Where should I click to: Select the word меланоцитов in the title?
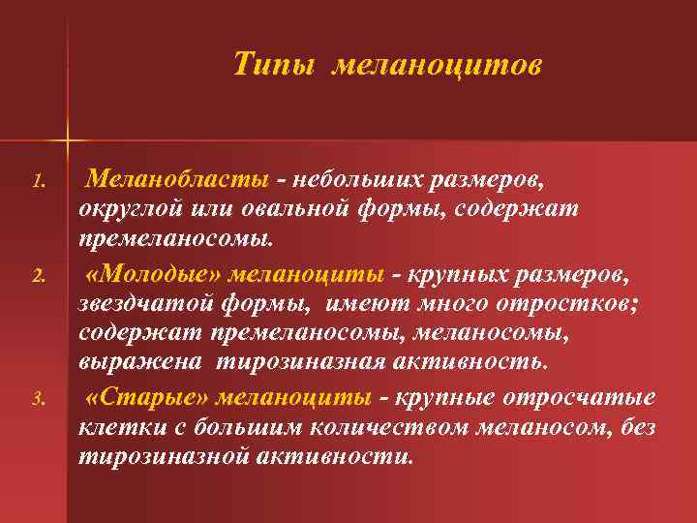coord(438,65)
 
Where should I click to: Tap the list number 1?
coord(39,181)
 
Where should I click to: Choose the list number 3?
coord(39,398)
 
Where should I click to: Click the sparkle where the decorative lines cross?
coord(67,139)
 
